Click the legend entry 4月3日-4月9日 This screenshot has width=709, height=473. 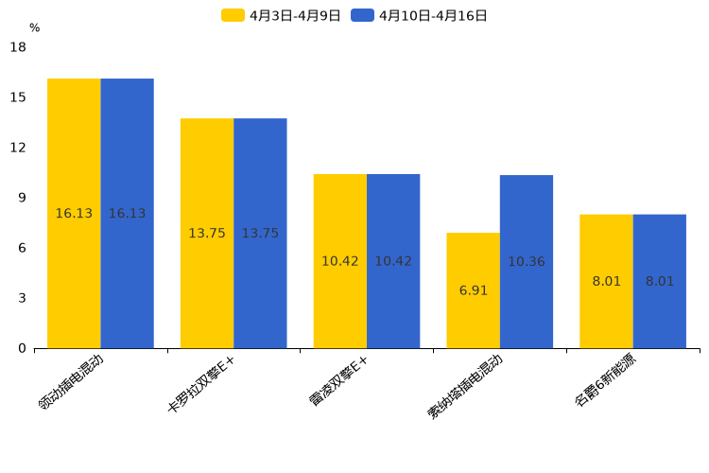click(x=282, y=15)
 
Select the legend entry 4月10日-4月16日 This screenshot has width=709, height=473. click(x=420, y=15)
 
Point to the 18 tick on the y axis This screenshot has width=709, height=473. click(x=18, y=47)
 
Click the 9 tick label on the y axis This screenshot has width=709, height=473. click(x=22, y=198)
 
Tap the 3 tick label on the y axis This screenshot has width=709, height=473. click(x=22, y=298)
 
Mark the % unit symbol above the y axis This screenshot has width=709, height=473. click(x=34, y=28)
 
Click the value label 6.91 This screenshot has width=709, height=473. click(x=474, y=290)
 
